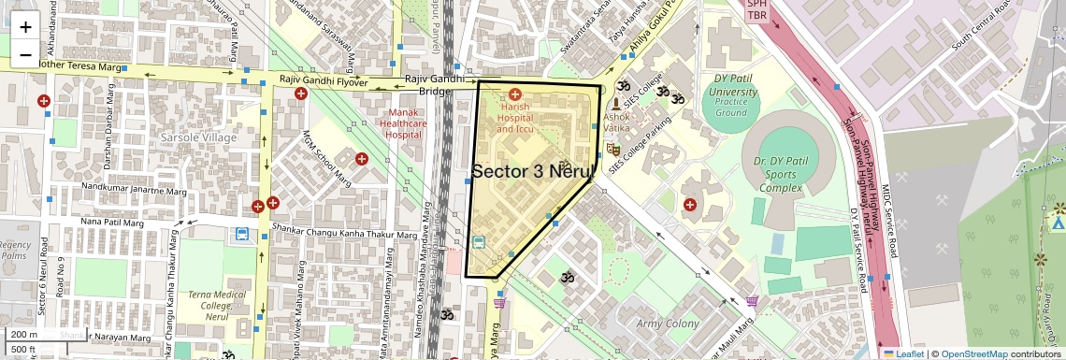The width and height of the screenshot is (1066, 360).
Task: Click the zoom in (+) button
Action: point(25,26)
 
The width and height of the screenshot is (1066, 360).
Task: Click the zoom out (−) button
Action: point(25,54)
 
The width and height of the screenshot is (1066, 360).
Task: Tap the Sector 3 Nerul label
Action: point(534,171)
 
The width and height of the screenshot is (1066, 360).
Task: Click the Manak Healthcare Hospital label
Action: point(405,123)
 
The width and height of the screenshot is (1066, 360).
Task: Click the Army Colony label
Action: point(668,324)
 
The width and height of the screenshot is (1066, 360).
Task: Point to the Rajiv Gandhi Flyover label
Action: point(321,81)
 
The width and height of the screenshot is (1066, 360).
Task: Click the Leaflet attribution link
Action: point(904,353)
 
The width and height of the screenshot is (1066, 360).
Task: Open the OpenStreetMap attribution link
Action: point(973,353)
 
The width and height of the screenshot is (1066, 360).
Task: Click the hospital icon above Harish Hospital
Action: point(515,94)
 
